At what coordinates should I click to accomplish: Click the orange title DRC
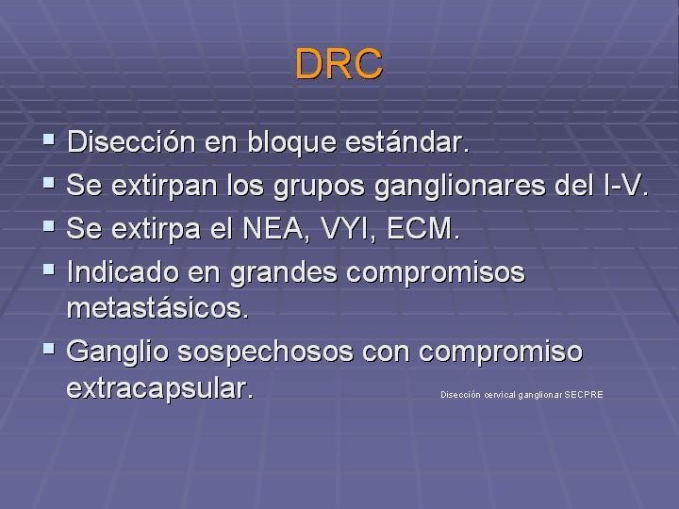[x=339, y=64]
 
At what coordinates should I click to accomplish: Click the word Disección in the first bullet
[x=131, y=141]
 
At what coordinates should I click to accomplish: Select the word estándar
[x=407, y=141]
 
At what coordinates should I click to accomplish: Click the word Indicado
[x=123, y=271]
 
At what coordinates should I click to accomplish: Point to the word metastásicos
[x=158, y=307]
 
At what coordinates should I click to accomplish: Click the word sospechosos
[x=265, y=353]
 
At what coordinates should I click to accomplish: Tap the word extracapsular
[x=159, y=388]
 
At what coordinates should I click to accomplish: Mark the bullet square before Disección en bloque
[x=49, y=140]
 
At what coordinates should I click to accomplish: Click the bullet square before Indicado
[x=49, y=270]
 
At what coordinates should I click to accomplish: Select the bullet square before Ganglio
[x=49, y=349]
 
